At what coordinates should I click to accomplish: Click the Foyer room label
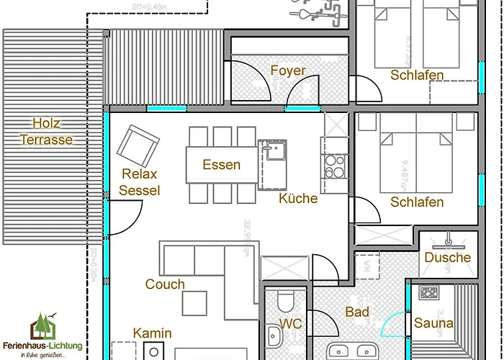pyautogui.click(x=288, y=71)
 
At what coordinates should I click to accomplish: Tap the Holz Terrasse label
pyautogui.click(x=46, y=131)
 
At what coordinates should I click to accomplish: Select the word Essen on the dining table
pyautogui.click(x=221, y=165)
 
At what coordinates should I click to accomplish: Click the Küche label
pyautogui.click(x=298, y=198)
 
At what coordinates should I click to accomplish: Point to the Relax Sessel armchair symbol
pyautogui.click(x=138, y=145)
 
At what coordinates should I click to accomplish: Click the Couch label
pyautogui.click(x=165, y=284)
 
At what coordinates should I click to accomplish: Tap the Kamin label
pyautogui.click(x=152, y=333)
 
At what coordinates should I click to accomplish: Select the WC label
pyautogui.click(x=291, y=324)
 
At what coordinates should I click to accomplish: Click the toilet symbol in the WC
pyautogui.click(x=286, y=300)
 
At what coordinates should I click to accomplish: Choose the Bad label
pyautogui.click(x=357, y=312)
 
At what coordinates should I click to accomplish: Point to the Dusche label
pyautogui.click(x=447, y=257)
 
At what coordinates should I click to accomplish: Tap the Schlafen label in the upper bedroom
pyautogui.click(x=417, y=75)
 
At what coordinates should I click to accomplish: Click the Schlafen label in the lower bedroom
pyautogui.click(x=417, y=202)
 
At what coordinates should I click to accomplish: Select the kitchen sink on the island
pyautogui.click(x=274, y=152)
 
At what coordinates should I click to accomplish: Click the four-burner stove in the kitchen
pyautogui.click(x=335, y=167)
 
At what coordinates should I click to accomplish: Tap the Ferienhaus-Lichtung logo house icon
pyautogui.click(x=42, y=328)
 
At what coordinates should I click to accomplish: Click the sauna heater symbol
pyautogui.click(x=430, y=293)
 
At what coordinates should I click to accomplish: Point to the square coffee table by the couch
pyautogui.click(x=194, y=303)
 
